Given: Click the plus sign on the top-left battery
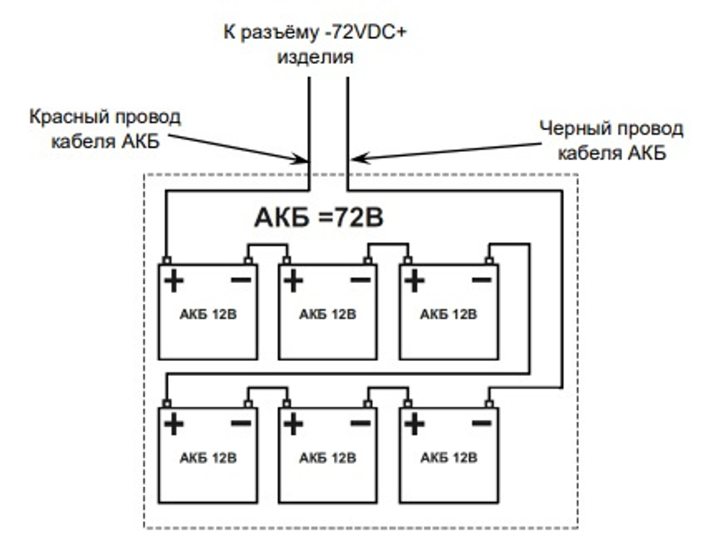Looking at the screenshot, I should pos(173,281).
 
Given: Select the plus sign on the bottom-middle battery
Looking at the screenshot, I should pos(293,424).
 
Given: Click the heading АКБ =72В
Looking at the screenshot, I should pos(319,218).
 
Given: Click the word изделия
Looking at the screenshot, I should pos(316,58).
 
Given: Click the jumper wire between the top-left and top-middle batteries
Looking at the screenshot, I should pos(267,246).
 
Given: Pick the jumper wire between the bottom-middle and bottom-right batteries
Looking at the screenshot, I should pos(388,389).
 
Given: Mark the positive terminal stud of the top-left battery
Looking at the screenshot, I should pos(166,260).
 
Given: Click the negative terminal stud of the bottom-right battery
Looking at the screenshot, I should pos(490,403).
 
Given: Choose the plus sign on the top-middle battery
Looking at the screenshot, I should pos(293,281).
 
